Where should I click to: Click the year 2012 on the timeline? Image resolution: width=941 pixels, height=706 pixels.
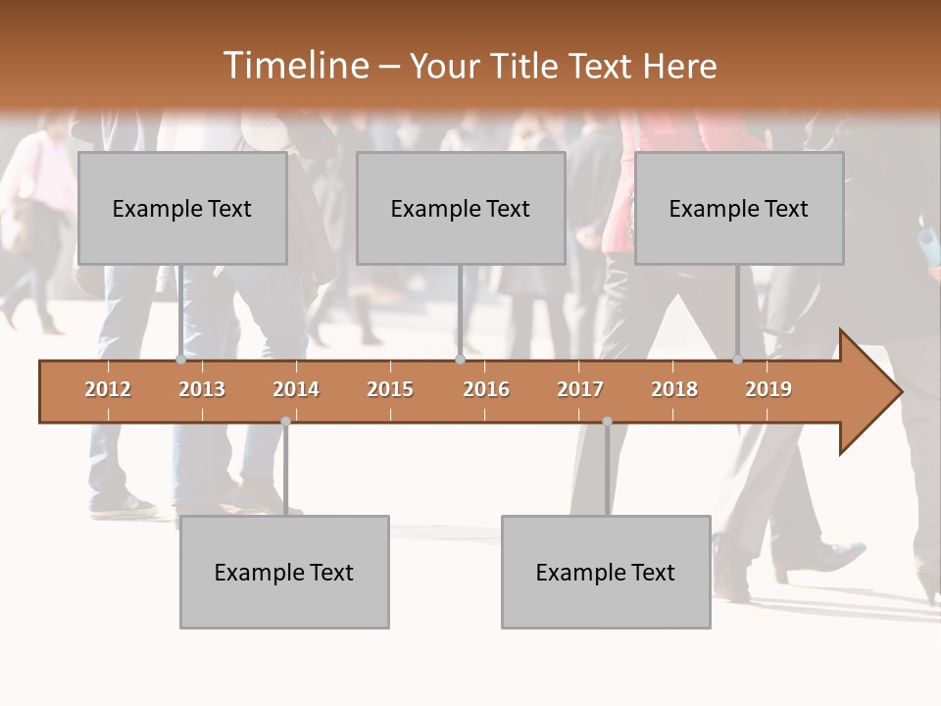pyautogui.click(x=108, y=389)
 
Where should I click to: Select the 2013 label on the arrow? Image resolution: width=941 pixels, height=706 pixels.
pyautogui.click(x=202, y=389)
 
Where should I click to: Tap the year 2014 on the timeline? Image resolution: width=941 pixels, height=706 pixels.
pyautogui.click(x=296, y=389)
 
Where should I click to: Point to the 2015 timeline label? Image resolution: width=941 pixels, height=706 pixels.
pyautogui.click(x=390, y=389)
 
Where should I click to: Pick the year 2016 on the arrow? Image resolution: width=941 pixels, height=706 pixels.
pyautogui.click(x=486, y=389)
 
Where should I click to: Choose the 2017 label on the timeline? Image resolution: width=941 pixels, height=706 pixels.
pyautogui.click(x=580, y=389)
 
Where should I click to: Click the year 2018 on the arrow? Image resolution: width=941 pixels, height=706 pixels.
pyautogui.click(x=674, y=389)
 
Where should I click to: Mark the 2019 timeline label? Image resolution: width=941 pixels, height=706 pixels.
pyautogui.click(x=768, y=389)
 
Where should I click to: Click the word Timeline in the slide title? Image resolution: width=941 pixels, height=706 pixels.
pyautogui.click(x=294, y=66)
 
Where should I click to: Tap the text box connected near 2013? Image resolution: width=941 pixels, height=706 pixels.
pyautogui.click(x=182, y=208)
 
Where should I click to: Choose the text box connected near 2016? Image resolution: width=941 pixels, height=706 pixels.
pyautogui.click(x=461, y=208)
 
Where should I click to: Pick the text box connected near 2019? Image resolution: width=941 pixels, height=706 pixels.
pyautogui.click(x=739, y=208)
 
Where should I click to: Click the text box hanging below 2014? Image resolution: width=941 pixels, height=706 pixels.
pyautogui.click(x=284, y=572)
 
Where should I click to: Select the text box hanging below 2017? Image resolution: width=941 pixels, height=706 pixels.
pyautogui.click(x=606, y=572)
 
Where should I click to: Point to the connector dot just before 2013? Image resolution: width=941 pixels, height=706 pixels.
pyautogui.click(x=180, y=360)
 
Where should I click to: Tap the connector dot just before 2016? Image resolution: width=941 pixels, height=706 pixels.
pyautogui.click(x=460, y=360)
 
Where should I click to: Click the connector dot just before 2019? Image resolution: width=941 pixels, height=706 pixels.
pyautogui.click(x=737, y=360)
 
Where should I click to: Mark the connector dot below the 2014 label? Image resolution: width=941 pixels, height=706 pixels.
pyautogui.click(x=285, y=421)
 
